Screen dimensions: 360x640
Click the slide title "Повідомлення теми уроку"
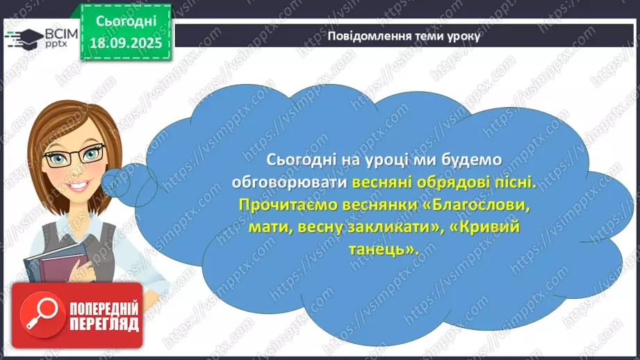click(x=403, y=36)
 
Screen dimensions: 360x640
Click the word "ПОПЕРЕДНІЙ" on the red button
click(x=104, y=307)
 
